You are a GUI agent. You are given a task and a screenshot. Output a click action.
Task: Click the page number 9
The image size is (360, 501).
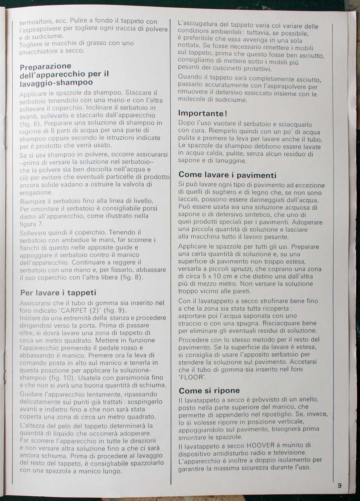pos(340,486)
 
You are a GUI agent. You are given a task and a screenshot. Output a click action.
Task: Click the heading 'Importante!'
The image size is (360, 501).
pos(203,113)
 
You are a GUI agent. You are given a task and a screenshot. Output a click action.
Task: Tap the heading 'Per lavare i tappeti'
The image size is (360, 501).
pos(58,293)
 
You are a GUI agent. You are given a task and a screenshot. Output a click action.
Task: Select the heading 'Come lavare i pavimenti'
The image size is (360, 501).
pos(227,175)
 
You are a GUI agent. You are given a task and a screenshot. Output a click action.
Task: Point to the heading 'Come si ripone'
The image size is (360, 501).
pos(209,390)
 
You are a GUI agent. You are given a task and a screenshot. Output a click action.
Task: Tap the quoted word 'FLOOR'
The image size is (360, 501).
pos(192,377)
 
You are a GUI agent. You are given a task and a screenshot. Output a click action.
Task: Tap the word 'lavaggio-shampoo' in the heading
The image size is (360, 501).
pos(56,82)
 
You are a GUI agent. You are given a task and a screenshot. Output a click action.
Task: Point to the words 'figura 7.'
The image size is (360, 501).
pos(32,224)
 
